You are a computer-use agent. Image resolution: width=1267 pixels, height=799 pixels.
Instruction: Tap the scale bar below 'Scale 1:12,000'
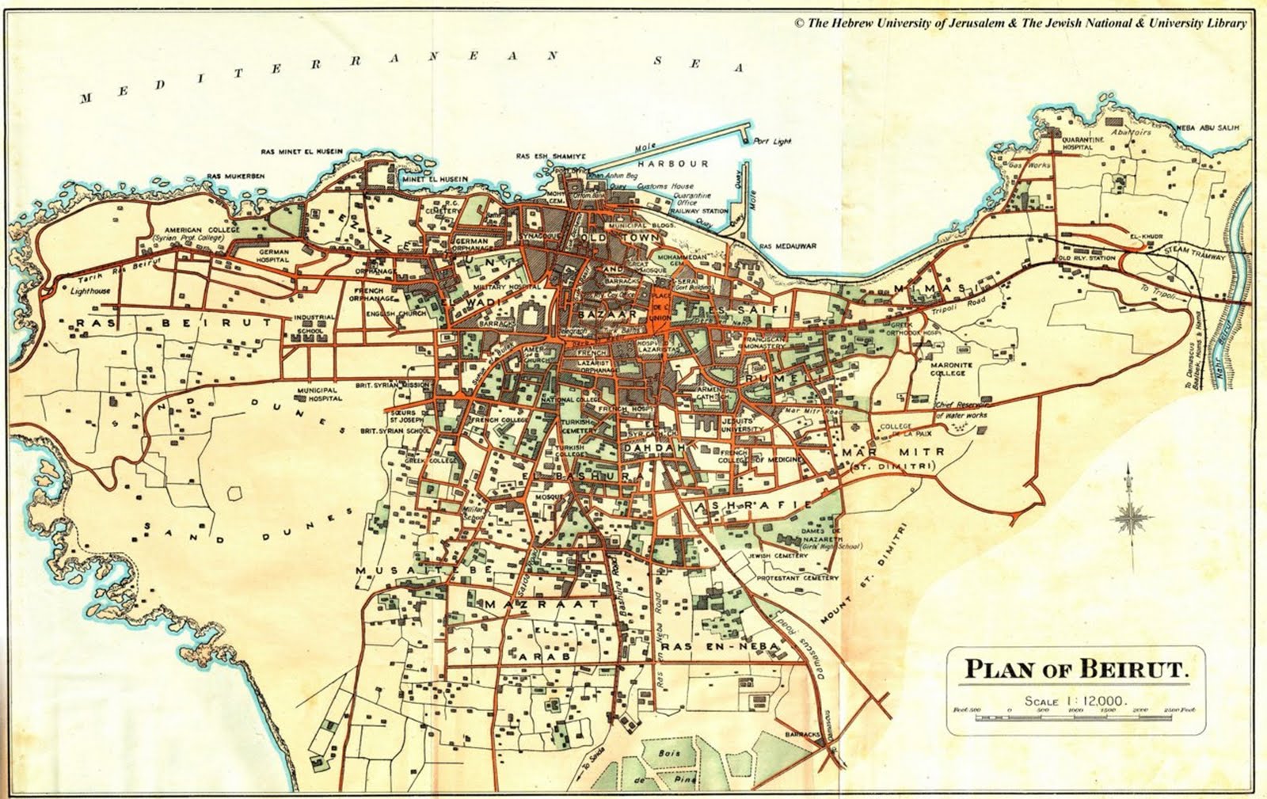click(x=1077, y=717)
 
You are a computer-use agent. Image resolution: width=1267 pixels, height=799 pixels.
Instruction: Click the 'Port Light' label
click(x=771, y=142)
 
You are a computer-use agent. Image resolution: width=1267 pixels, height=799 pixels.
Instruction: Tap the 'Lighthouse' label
click(x=91, y=291)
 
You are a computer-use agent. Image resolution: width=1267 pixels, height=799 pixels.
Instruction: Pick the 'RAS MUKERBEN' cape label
click(x=235, y=176)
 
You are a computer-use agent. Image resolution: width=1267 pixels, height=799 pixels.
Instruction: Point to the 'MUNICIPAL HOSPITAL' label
click(x=318, y=394)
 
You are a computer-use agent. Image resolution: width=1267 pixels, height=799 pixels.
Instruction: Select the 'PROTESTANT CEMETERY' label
click(x=797, y=578)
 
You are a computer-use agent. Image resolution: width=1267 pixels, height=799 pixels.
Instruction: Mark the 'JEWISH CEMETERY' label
click(x=779, y=556)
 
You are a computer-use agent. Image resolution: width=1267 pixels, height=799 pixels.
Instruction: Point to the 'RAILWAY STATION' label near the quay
click(x=699, y=211)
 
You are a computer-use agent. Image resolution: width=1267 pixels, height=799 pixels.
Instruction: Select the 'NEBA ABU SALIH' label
click(x=1208, y=127)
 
